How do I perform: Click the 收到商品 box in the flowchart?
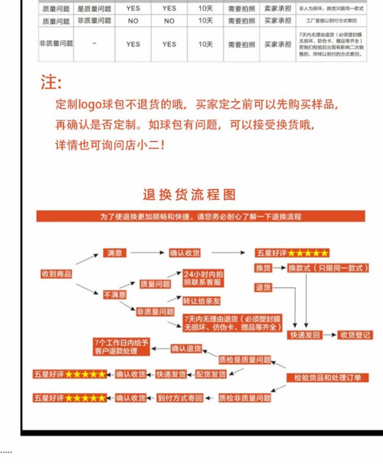57,274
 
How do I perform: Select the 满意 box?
115,253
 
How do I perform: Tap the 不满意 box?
115,295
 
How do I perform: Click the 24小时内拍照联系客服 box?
203,278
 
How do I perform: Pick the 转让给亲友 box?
201,301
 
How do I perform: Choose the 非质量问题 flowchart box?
155,312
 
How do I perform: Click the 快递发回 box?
305,335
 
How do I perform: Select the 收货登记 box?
355,335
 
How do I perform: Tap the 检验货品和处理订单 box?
327,378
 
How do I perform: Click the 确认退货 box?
186,349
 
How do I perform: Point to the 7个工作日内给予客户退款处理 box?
121,347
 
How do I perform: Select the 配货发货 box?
211,374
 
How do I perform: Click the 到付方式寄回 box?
180,398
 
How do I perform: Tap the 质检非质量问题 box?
245,398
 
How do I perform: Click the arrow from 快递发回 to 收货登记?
330,335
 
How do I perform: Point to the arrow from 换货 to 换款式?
280,268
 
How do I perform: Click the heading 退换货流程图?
189,195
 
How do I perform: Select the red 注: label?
51,82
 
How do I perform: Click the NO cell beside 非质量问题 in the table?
133,21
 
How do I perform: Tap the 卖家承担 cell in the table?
278,8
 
